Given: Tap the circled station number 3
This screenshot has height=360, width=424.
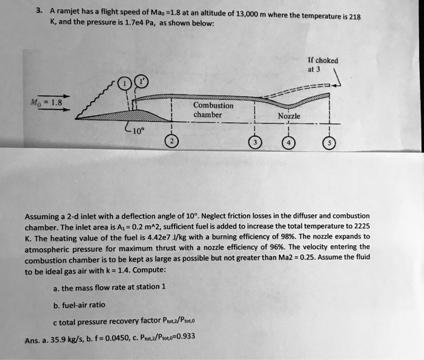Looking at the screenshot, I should click(254, 142).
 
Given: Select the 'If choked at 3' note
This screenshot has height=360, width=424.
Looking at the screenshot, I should click(323, 65).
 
